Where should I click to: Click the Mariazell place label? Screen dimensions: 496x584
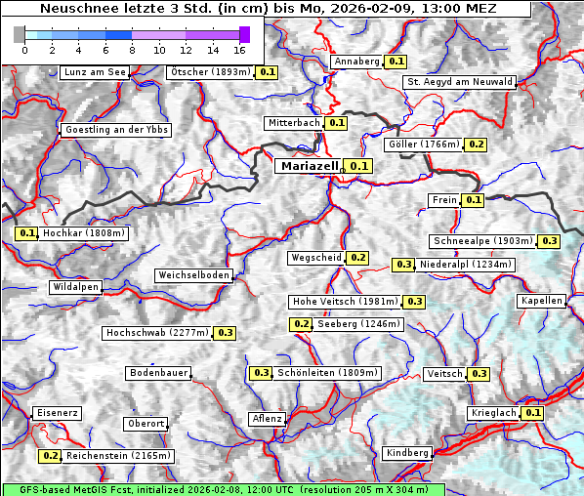click(x=309, y=166)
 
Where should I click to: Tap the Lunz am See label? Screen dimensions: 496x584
click(x=94, y=72)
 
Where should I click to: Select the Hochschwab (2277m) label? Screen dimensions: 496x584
click(x=157, y=333)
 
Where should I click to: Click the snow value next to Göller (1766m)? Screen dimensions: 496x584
click(x=476, y=145)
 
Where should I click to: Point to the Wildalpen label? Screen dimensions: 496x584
click(x=75, y=288)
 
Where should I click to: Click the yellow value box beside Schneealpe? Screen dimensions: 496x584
click(x=550, y=241)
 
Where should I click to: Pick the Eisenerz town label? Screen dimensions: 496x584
click(x=57, y=413)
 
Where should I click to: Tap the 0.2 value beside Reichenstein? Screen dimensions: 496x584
click(x=50, y=456)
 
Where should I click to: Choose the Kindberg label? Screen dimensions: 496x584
click(x=407, y=453)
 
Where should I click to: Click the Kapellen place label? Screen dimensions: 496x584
click(x=542, y=301)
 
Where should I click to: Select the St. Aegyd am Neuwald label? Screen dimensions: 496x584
click(x=459, y=82)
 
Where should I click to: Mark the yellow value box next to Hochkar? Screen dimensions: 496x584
click(x=26, y=234)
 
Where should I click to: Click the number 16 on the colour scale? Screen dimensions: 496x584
click(x=239, y=49)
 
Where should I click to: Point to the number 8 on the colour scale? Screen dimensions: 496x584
click(x=132, y=49)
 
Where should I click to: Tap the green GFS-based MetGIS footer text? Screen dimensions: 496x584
click(x=223, y=489)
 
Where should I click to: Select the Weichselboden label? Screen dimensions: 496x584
click(x=194, y=276)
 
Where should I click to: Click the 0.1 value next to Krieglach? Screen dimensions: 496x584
click(x=532, y=413)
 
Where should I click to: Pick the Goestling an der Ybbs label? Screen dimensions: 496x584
click(x=115, y=130)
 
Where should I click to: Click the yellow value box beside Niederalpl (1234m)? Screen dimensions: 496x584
click(x=402, y=265)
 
